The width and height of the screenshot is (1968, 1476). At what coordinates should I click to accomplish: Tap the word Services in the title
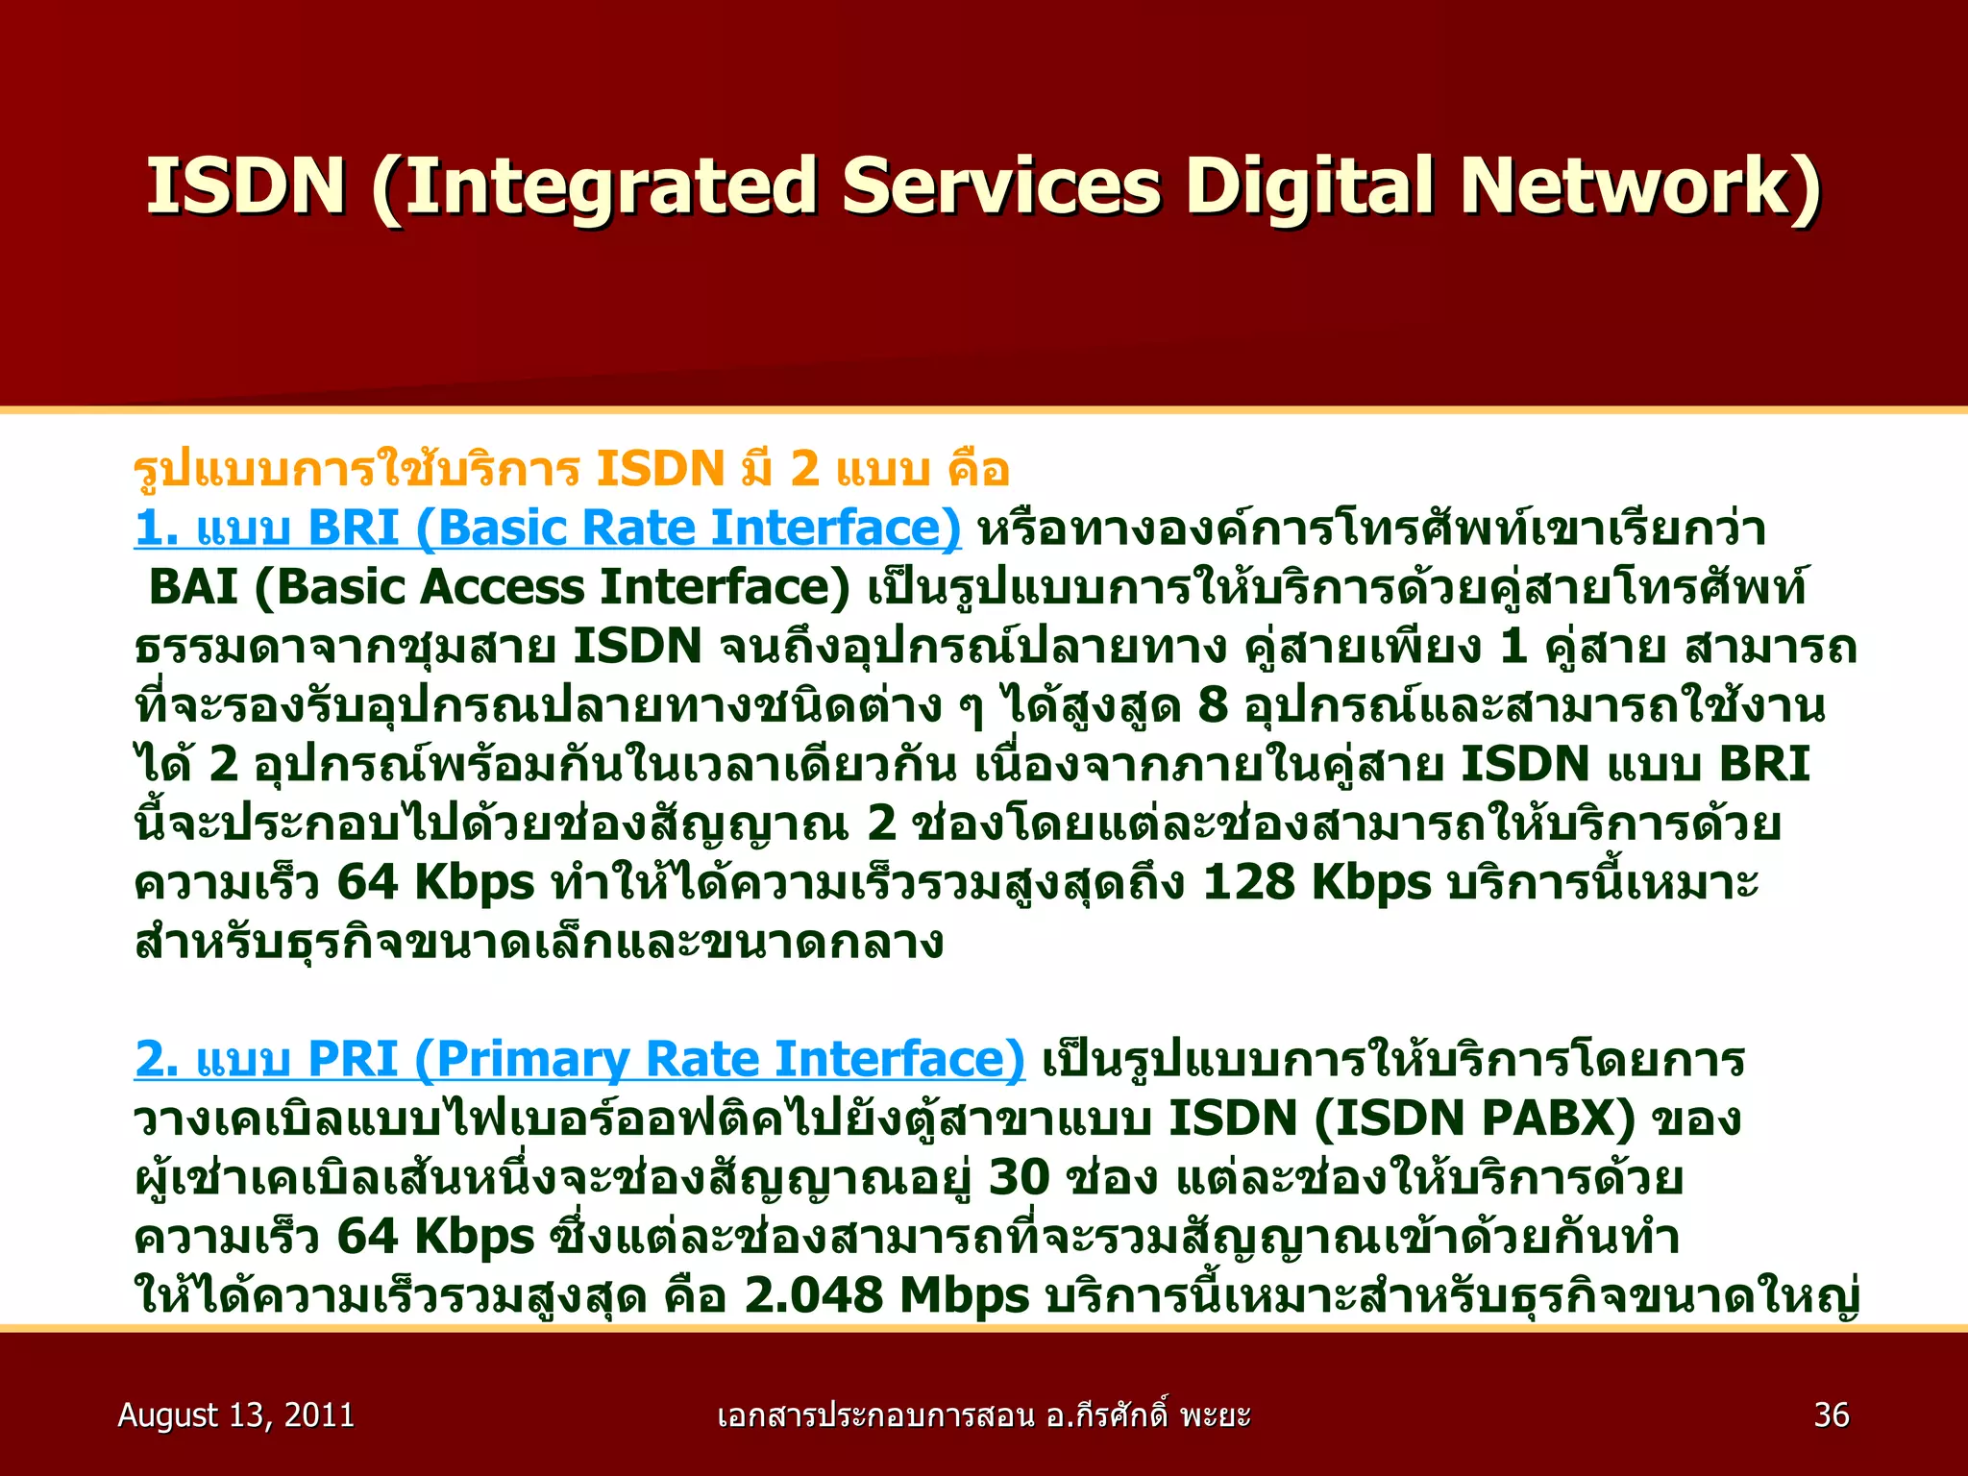[1000, 186]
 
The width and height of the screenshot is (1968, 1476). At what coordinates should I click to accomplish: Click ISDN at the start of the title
[245, 186]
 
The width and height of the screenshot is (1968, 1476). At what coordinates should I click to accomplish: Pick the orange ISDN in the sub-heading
[659, 470]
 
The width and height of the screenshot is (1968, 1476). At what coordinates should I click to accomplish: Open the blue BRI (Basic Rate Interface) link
[548, 529]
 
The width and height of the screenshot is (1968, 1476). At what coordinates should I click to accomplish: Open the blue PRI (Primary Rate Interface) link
[579, 1060]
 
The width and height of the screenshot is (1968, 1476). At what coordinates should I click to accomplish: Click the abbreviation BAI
[193, 588]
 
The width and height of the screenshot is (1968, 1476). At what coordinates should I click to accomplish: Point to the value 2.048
[813, 1295]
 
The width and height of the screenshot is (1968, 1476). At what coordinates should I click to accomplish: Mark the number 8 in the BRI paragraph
[1213, 706]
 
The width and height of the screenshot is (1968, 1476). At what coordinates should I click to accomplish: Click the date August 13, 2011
[235, 1415]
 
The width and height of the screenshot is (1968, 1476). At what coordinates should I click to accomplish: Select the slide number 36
[1832, 1415]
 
